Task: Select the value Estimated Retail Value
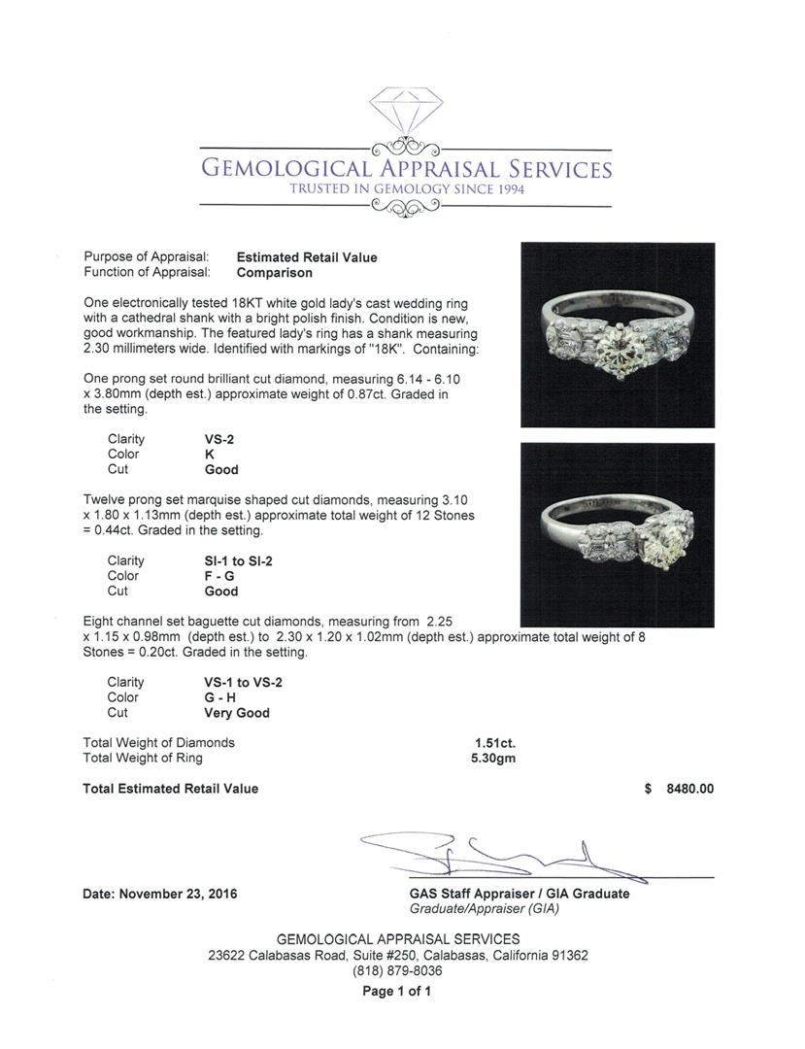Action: (x=307, y=257)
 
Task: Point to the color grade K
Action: (x=210, y=455)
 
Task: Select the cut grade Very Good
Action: (x=237, y=713)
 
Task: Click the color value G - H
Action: (x=220, y=697)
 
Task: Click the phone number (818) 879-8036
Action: (x=397, y=970)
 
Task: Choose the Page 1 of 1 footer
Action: (x=396, y=992)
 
